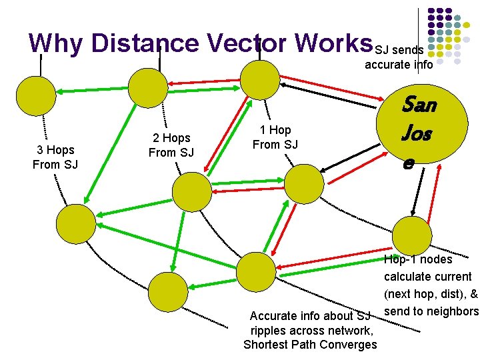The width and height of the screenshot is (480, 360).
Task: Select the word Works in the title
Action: [x=330, y=43]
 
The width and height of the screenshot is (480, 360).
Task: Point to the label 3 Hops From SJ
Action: [x=55, y=157]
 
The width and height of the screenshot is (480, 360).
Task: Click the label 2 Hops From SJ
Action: [x=171, y=145]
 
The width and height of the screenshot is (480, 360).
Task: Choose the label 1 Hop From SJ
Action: [x=275, y=137]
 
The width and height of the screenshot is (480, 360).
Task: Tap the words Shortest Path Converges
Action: [x=310, y=345]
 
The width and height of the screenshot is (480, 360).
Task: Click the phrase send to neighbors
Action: [x=431, y=311]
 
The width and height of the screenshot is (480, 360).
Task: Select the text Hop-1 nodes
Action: [x=419, y=259]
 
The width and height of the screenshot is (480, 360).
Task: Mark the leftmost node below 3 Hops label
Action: [x=75, y=224]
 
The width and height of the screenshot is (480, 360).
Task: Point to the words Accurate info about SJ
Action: [x=309, y=315]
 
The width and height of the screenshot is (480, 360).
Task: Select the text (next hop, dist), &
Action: [x=431, y=294]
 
